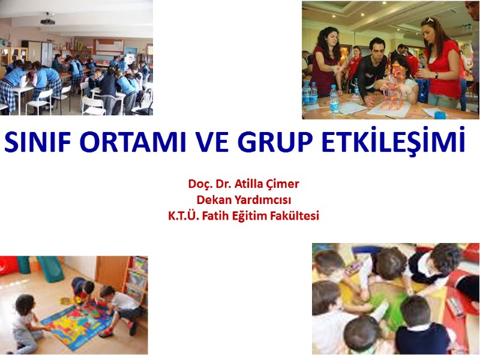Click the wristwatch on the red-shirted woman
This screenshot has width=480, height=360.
click(x=436, y=76)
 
